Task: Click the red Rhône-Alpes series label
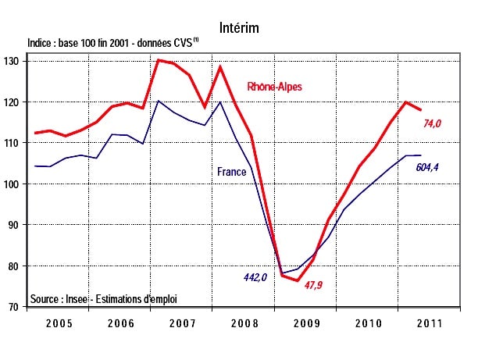click(274, 86)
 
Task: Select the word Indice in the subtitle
click(41, 44)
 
